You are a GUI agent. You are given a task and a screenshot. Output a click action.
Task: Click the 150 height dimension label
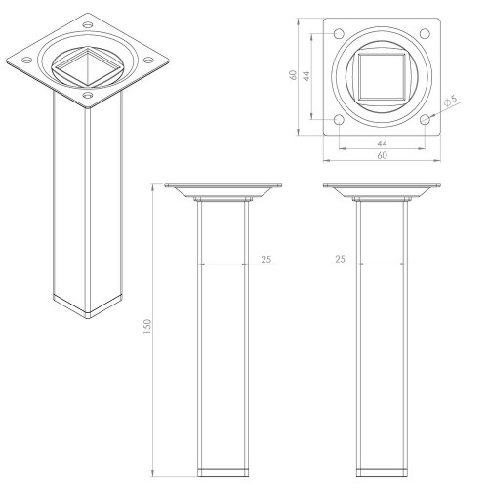pos(147,327)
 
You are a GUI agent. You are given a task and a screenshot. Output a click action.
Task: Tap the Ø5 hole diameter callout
pos(451,100)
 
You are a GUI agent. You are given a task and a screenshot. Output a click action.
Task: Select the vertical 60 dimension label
pos(293,75)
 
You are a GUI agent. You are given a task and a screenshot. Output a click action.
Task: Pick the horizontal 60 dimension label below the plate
pos(383,155)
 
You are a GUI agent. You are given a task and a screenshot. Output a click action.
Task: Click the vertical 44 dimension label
pos(306,76)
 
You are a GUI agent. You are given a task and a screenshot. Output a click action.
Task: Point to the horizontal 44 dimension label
pos(383,143)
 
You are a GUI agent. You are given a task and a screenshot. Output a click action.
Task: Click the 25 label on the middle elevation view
pos(266,259)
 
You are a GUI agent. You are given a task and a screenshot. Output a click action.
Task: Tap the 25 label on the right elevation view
pos(340,259)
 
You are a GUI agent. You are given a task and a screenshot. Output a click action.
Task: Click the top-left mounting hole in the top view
pos(339,33)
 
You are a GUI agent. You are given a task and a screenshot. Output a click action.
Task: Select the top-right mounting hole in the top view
pos(425,33)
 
